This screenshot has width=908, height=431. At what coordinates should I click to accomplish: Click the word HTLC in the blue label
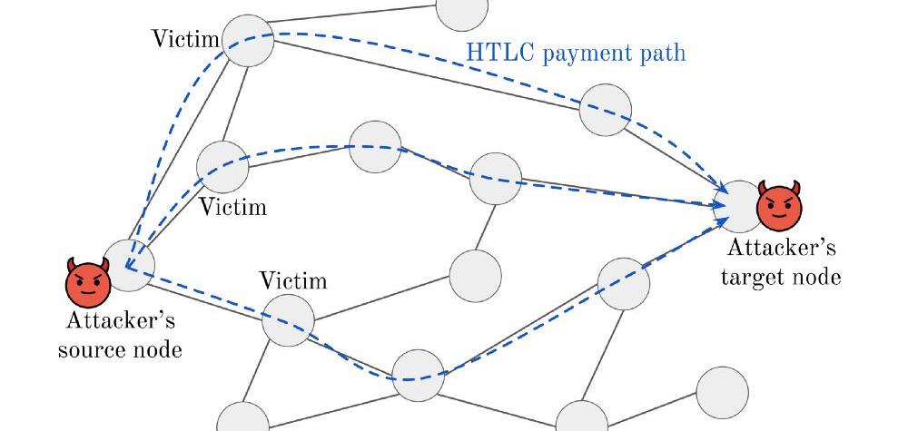point(493,53)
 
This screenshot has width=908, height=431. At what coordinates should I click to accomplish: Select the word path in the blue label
point(663,54)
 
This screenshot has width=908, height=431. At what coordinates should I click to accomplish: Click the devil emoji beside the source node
point(88,282)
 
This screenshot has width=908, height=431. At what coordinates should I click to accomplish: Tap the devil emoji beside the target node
point(779,205)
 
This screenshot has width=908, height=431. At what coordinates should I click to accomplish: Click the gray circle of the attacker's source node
point(129,266)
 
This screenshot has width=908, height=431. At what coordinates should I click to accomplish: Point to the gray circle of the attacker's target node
point(738,207)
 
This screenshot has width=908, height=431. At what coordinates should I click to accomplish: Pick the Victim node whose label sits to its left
point(249,41)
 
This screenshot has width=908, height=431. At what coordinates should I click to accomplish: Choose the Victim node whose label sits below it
point(223,167)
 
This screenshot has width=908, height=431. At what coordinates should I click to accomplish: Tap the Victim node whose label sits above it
point(288,320)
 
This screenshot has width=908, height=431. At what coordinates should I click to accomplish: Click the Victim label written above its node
point(293,281)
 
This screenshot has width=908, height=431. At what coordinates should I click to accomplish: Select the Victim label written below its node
point(233,207)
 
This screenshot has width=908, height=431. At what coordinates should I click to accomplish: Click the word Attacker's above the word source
point(121,320)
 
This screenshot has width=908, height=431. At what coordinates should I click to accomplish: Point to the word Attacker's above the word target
point(781,248)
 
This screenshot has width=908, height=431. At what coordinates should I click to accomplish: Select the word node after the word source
point(155,349)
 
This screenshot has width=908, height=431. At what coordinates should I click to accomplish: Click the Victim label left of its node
point(186,39)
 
